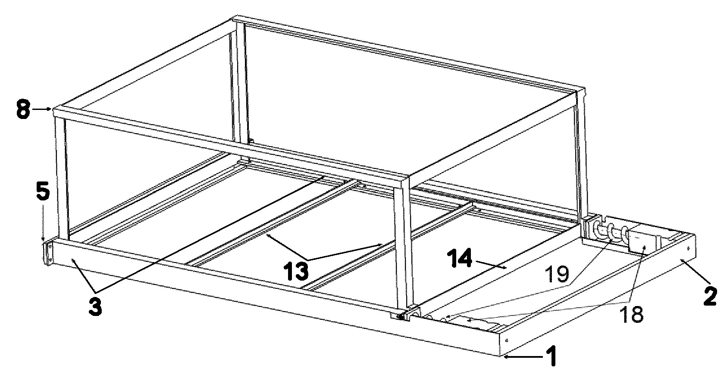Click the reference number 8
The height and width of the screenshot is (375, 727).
click(x=23, y=109)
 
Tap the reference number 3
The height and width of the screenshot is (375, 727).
click(x=95, y=306)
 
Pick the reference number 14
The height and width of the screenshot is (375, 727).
click(x=460, y=259)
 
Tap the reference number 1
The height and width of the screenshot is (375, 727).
click(x=552, y=356)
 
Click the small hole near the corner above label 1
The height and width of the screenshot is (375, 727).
click(x=506, y=341)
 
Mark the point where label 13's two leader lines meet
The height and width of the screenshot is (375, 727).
click(x=308, y=260)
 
